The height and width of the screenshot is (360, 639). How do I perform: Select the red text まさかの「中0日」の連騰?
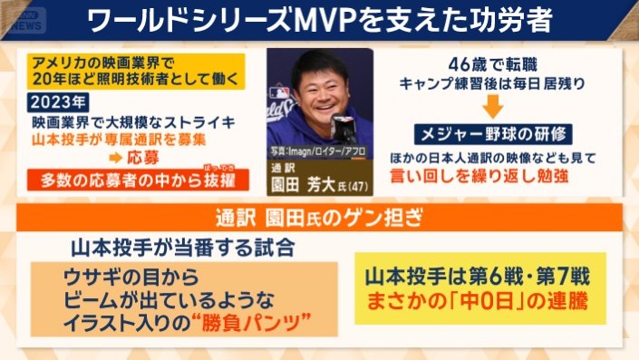(471, 303)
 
